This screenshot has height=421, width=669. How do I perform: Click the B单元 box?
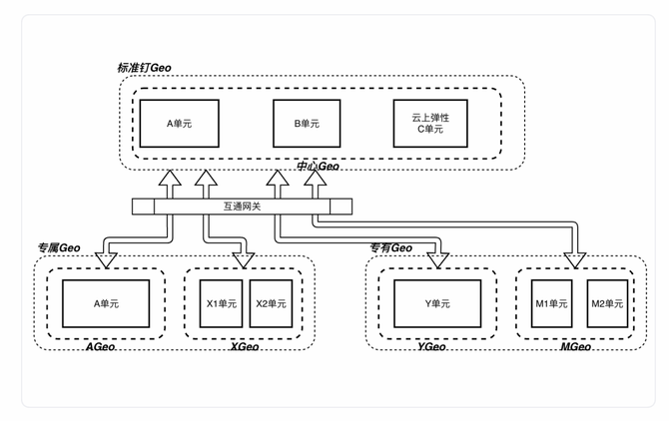point(306,124)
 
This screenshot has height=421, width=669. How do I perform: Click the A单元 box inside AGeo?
point(105,303)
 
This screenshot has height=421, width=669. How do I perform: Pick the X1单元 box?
point(222,303)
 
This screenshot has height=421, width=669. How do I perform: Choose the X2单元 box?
point(270,303)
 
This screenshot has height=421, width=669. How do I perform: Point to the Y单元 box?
point(437,303)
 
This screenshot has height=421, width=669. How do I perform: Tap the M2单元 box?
point(601,303)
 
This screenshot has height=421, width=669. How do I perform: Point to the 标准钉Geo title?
point(145,67)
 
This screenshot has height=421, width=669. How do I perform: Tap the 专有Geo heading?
point(390,247)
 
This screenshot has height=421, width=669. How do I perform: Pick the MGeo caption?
point(575,346)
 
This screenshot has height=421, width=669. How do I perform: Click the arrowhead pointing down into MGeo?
point(574,261)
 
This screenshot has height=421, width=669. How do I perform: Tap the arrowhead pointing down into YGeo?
point(436,261)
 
